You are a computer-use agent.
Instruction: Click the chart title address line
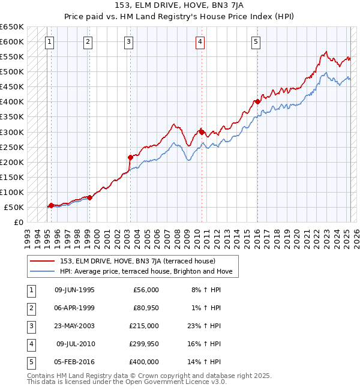(179, 5)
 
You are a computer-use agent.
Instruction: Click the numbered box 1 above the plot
(49, 41)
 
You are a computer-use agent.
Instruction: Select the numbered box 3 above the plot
(129, 41)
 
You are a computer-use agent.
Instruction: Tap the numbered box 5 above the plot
(256, 41)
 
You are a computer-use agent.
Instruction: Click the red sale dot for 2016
(257, 101)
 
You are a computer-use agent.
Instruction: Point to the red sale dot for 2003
(130, 157)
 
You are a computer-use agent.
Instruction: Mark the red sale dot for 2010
(202, 131)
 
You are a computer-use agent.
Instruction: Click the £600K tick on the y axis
(12, 41)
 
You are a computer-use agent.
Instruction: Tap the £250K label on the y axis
(12, 147)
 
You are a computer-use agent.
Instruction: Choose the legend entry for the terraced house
(142, 261)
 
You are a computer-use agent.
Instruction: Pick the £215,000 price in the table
(144, 326)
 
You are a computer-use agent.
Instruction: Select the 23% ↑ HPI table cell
(206, 326)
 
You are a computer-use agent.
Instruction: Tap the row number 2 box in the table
(31, 308)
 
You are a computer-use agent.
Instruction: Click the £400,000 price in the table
(144, 362)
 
